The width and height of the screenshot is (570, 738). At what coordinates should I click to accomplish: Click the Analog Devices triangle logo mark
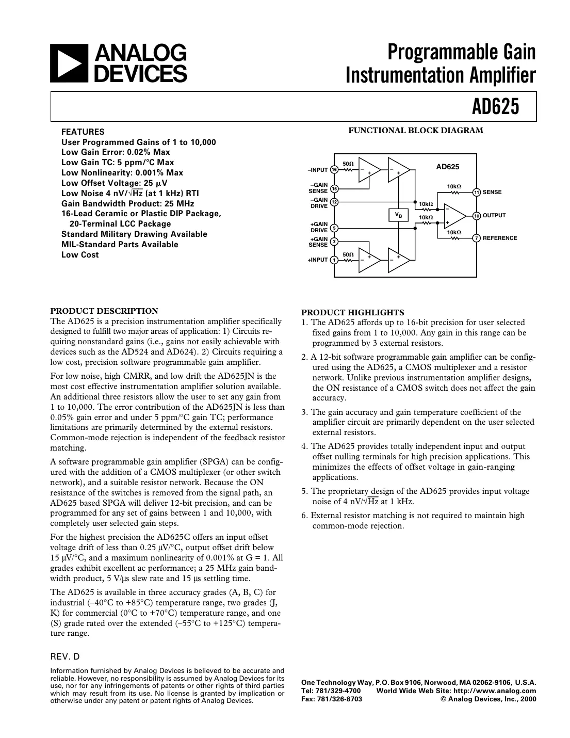point(70,63)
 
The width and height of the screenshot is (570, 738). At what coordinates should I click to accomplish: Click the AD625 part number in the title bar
point(495,107)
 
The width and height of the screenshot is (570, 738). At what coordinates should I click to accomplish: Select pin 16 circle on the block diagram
point(334,170)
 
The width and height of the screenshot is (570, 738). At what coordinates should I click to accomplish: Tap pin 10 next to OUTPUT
point(477,216)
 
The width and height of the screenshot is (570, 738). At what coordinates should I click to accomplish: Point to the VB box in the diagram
point(398,214)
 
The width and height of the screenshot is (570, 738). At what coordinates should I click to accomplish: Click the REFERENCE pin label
point(499,238)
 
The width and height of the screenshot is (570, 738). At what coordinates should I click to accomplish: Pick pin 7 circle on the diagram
point(477,238)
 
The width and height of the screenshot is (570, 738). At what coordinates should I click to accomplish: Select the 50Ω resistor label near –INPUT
point(348,164)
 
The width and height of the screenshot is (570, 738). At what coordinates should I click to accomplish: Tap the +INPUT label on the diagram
point(318,260)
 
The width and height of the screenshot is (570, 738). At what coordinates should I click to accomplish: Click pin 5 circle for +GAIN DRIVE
point(334,228)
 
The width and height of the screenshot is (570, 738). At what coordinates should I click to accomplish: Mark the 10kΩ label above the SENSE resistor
point(454,186)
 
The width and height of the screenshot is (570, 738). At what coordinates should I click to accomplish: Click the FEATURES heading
point(83,132)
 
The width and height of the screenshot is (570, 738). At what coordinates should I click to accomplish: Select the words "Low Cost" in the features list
point(80,255)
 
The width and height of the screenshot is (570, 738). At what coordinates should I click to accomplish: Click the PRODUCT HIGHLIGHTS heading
point(352,312)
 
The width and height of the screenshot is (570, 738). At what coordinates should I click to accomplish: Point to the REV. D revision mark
point(65,657)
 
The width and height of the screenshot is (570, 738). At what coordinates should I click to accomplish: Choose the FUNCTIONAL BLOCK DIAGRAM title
point(416,131)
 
